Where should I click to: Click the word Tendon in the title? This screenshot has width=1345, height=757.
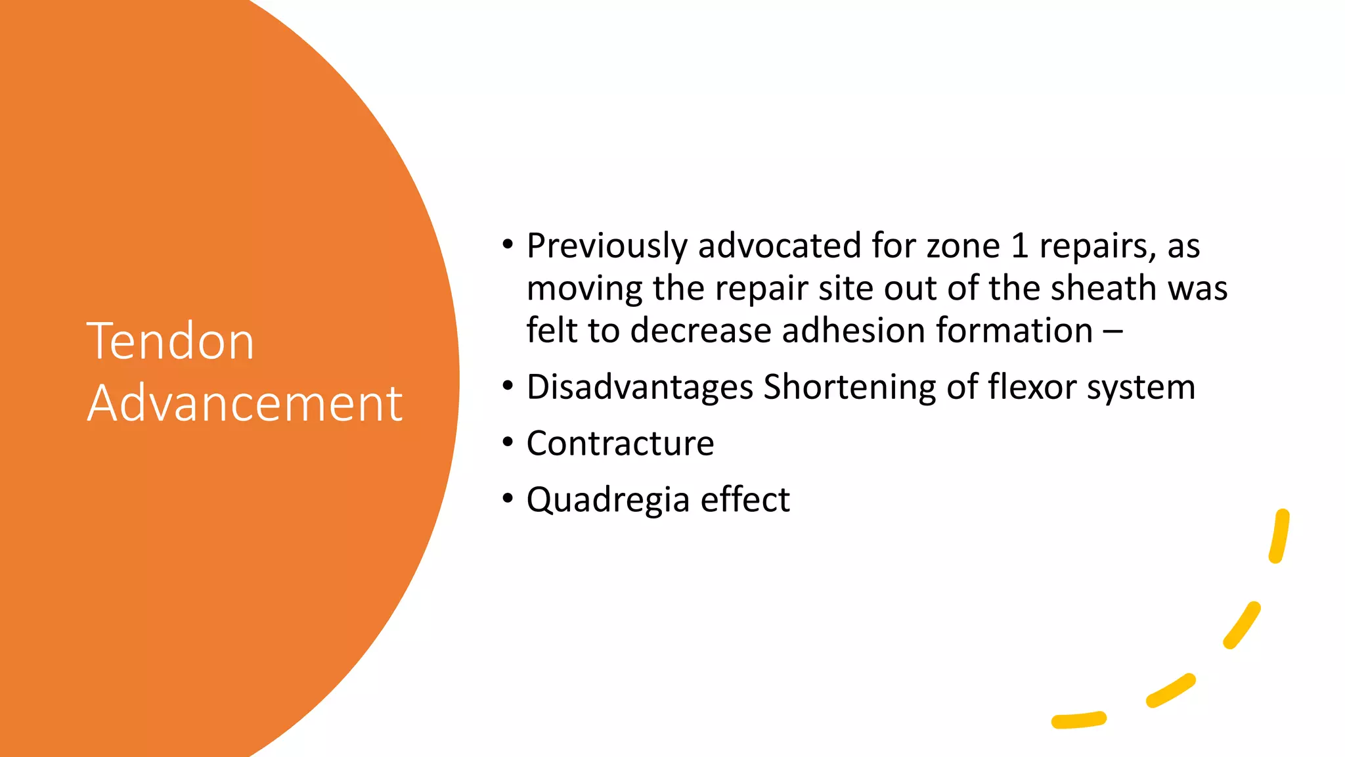[x=170, y=342]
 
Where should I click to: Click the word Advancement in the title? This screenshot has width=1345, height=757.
[x=244, y=403]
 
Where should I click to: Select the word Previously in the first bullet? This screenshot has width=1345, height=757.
[x=607, y=246]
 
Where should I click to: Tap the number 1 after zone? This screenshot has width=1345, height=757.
[x=1019, y=246]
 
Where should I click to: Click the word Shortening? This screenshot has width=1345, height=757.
[x=849, y=387]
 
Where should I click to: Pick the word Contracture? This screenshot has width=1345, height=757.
[x=620, y=444]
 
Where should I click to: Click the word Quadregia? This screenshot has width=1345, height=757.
[x=608, y=500]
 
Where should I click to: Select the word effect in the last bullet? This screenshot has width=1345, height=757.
[x=745, y=499]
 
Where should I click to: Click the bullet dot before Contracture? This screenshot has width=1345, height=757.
[x=507, y=442]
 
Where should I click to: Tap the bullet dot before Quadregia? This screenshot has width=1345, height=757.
[x=507, y=499]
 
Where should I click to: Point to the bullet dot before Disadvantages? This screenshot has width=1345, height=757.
[x=507, y=386]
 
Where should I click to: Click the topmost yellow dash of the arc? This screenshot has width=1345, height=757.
[x=1279, y=536]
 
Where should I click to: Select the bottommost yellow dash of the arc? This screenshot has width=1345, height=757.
[x=1078, y=720]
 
